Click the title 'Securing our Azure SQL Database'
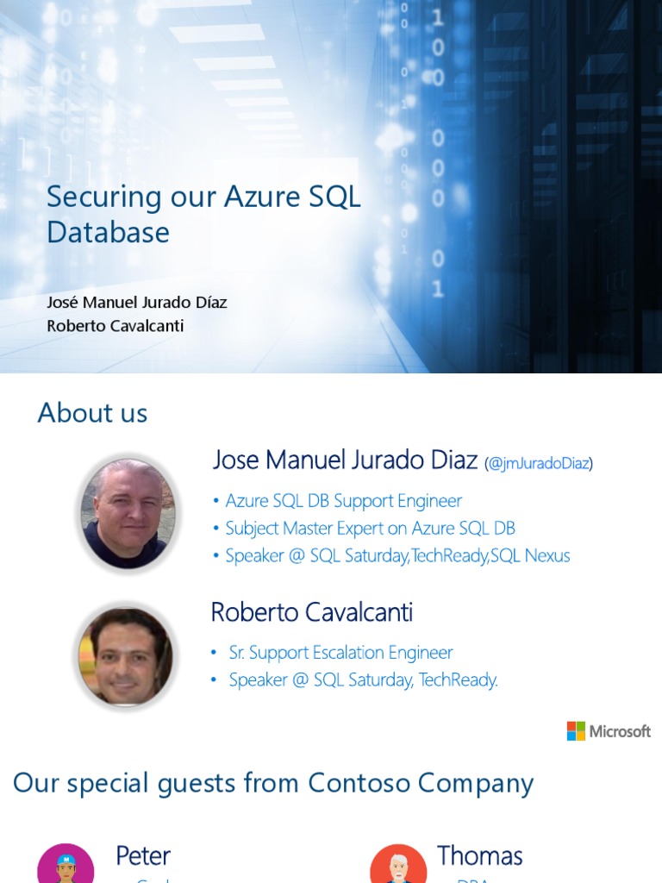click(203, 214)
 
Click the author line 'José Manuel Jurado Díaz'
click(136, 303)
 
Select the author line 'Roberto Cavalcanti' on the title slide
click(115, 326)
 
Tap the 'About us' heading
click(92, 413)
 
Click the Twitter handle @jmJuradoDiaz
click(539, 463)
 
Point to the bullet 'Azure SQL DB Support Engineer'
click(343, 501)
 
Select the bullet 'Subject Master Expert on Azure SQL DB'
click(370, 529)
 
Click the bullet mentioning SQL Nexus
click(397, 556)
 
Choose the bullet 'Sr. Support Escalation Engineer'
click(340, 653)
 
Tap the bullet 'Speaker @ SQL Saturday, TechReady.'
click(363, 680)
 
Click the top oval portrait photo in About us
click(128, 511)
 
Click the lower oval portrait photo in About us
click(126, 656)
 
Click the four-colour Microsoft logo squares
click(576, 731)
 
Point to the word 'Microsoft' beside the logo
click(620, 731)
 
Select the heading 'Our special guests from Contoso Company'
click(273, 783)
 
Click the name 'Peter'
click(143, 855)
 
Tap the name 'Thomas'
click(479, 855)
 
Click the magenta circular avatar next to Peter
click(66, 865)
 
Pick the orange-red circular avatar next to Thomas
click(398, 865)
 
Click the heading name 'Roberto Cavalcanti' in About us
click(311, 612)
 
